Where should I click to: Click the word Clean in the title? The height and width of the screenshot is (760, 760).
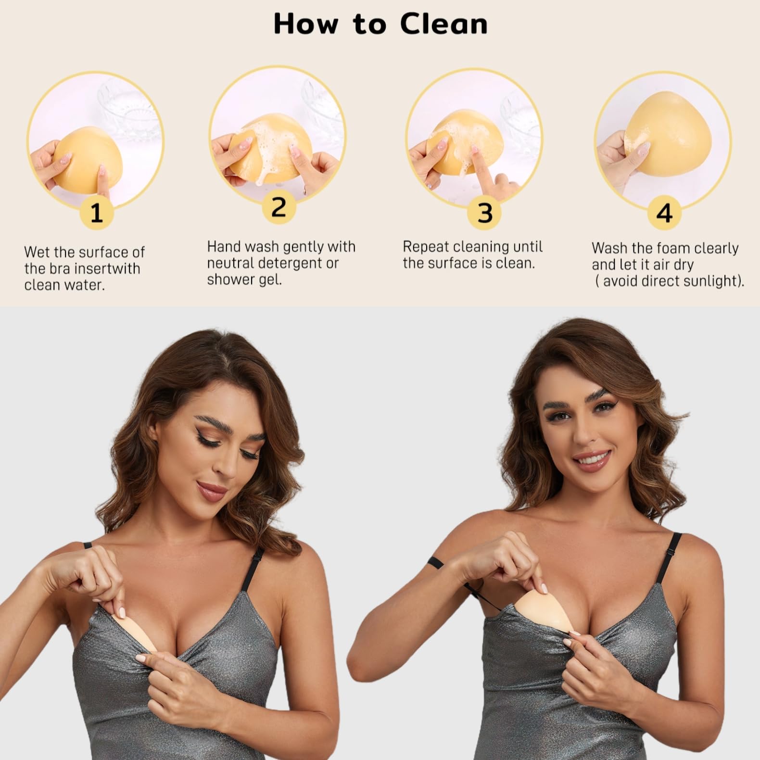(x=443, y=24)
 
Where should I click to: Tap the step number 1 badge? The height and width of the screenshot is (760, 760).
(x=97, y=213)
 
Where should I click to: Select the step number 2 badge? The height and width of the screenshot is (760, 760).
(x=279, y=207)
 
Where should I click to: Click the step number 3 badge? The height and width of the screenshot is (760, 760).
(x=485, y=213)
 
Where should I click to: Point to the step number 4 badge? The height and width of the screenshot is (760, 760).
(x=664, y=213)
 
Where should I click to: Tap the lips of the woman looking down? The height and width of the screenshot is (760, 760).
(x=212, y=491)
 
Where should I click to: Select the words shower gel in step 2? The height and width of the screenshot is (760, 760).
(x=244, y=279)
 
